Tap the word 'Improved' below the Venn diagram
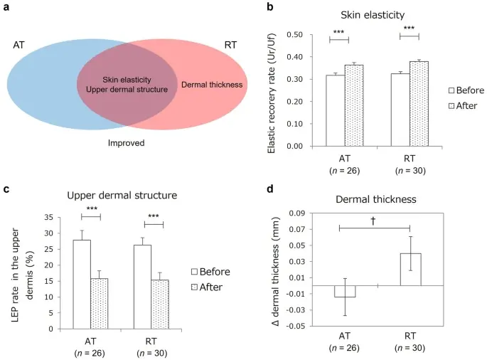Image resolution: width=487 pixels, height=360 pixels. [126, 144]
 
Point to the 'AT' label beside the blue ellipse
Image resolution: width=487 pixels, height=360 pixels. [19, 45]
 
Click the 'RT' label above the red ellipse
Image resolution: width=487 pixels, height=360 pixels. [230, 45]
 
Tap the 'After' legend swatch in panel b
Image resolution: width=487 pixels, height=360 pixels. [451, 105]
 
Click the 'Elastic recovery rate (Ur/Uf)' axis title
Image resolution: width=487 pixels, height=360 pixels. [272, 90]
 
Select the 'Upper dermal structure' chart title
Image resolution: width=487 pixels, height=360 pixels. [114, 195]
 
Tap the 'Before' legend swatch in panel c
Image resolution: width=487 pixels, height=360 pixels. [194, 272]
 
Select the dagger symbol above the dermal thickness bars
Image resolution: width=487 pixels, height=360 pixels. [373, 221]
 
